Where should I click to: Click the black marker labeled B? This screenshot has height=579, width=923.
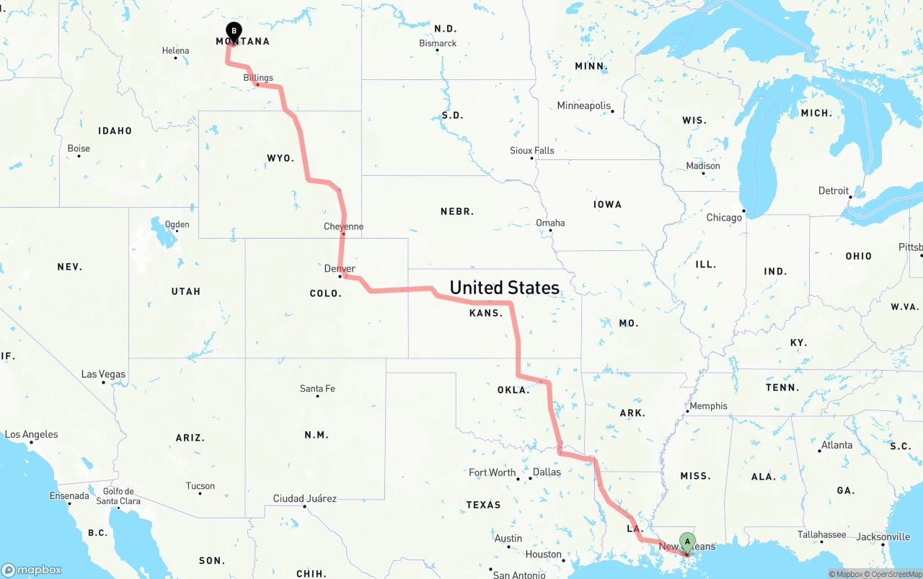point(234,31)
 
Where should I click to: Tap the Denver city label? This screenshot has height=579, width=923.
point(340,269)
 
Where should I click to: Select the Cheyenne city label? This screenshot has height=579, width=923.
point(343,226)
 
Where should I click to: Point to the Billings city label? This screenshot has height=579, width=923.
point(258,78)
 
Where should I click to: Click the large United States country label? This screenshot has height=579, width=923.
point(504,288)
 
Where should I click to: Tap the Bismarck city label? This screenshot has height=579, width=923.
point(438,43)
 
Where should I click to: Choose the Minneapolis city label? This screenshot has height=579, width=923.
point(583,106)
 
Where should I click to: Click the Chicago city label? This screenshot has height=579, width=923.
point(724,218)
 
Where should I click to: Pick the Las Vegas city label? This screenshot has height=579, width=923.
point(103,374)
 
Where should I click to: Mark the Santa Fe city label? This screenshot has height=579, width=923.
point(317,389)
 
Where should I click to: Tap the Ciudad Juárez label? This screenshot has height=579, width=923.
point(304,498)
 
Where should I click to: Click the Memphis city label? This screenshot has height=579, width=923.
point(708,406)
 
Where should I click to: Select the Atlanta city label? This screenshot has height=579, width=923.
point(836,445)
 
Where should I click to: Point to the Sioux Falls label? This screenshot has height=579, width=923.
point(532,151)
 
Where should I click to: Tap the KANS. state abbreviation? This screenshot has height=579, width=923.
point(486,313)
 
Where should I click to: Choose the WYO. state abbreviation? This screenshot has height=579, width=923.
point(281,158)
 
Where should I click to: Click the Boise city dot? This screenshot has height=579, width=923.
point(79,156)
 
